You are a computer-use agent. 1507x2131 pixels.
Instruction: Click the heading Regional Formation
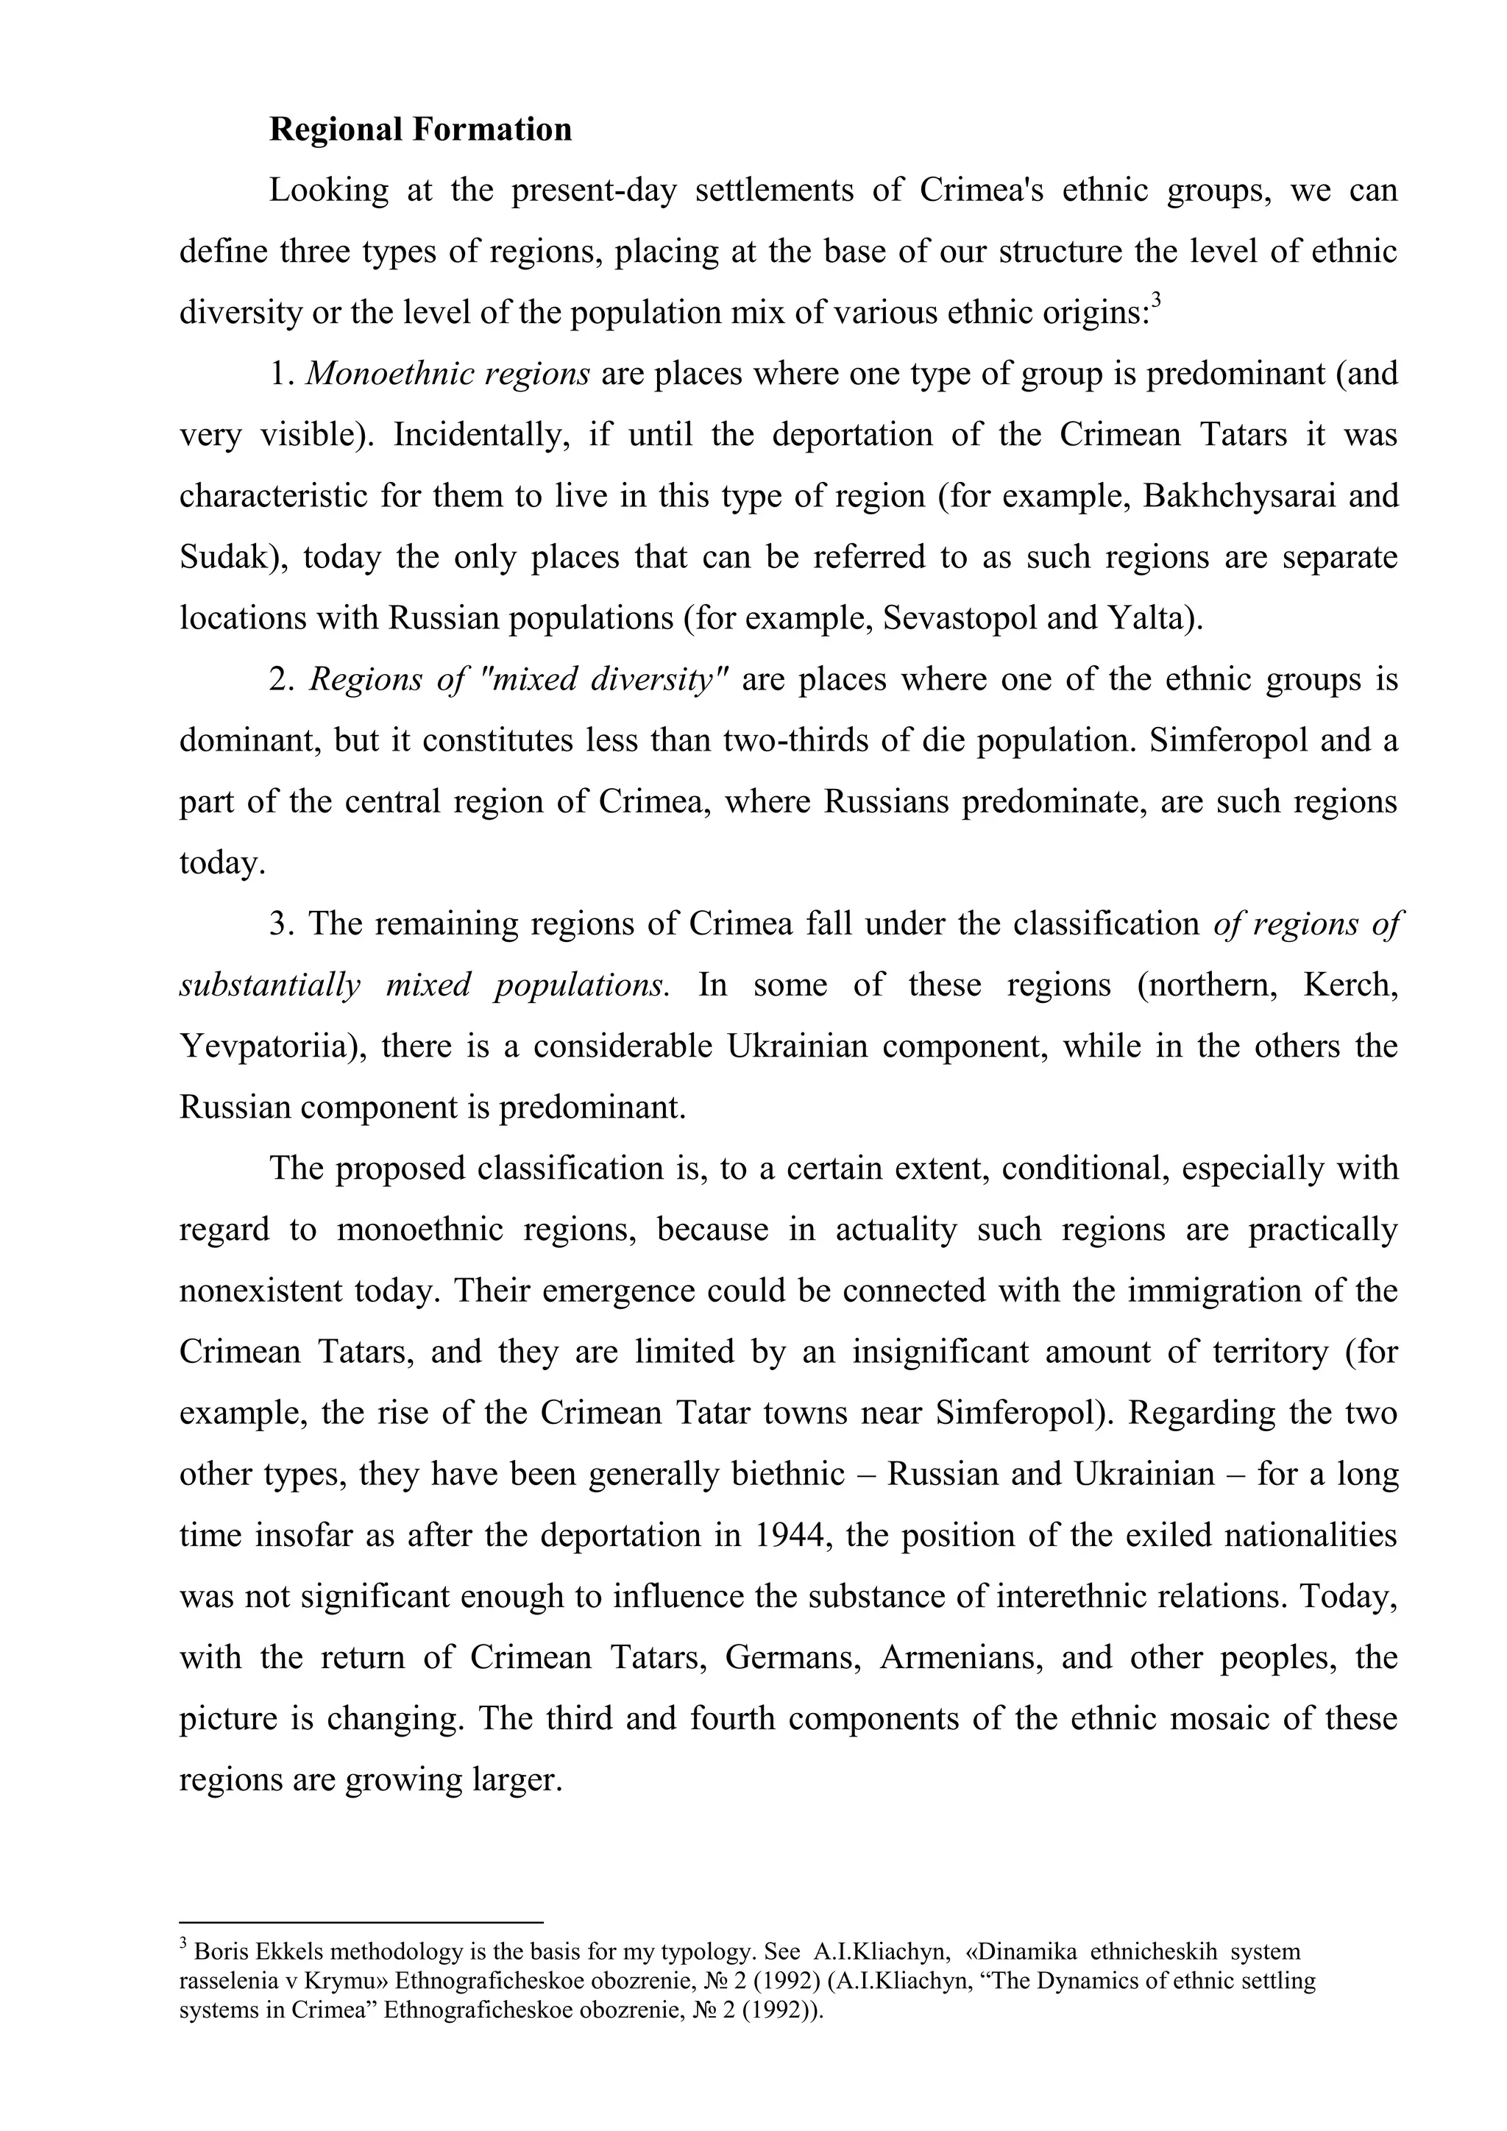[x=420, y=129]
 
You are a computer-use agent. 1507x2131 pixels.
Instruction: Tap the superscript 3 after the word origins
[x=1156, y=302]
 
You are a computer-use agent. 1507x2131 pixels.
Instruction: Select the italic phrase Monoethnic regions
[x=448, y=374]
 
